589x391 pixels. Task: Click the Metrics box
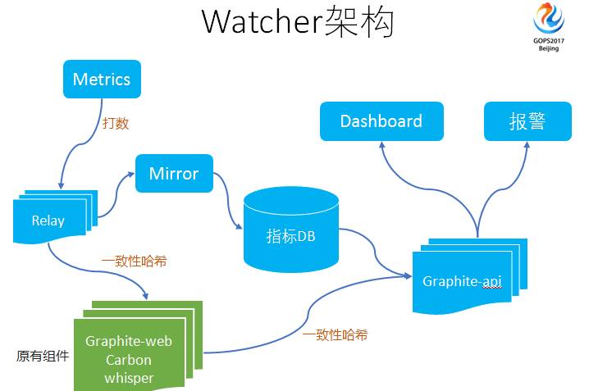[102, 80]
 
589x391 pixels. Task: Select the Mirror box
[174, 174]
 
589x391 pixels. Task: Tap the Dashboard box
[381, 121]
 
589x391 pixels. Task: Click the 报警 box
[527, 121]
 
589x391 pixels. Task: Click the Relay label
[48, 221]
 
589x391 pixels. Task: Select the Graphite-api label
[462, 281]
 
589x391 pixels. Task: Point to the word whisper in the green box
[129, 378]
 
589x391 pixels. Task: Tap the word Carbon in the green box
[129, 360]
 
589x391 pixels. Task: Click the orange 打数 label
[116, 124]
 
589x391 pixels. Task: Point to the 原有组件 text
[42, 357]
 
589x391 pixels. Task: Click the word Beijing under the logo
[549, 49]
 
